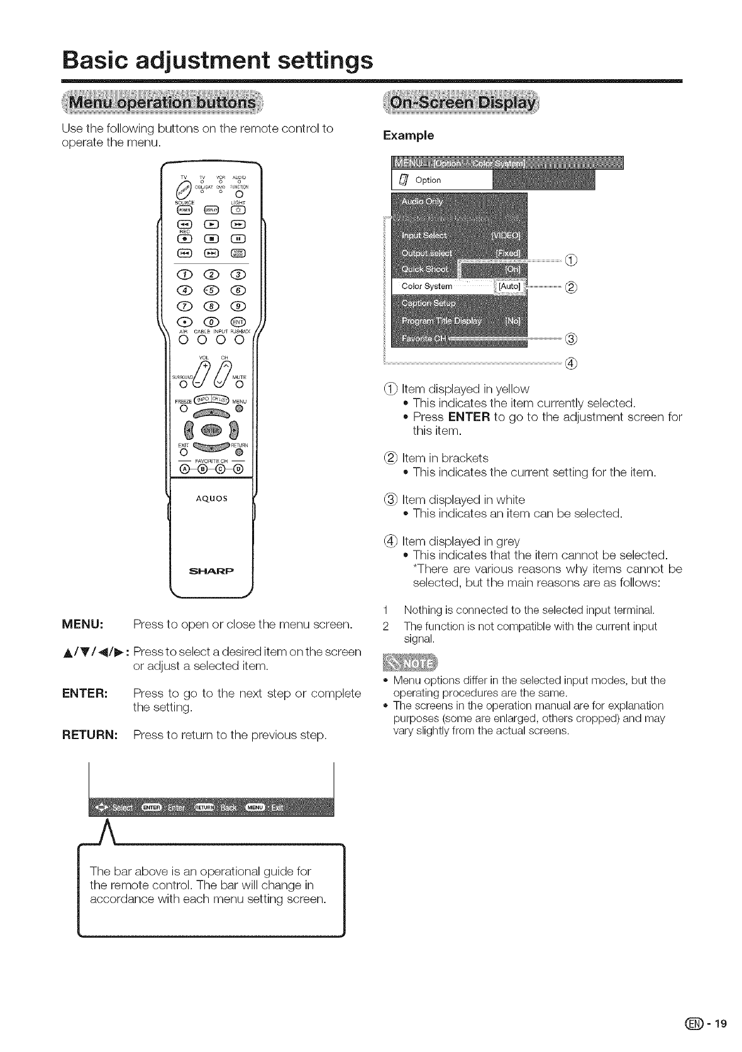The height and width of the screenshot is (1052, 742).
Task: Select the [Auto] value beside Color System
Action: click(509, 286)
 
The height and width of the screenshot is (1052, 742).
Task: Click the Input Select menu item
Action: click(424, 235)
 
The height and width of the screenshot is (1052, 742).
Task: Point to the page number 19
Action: click(720, 1024)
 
